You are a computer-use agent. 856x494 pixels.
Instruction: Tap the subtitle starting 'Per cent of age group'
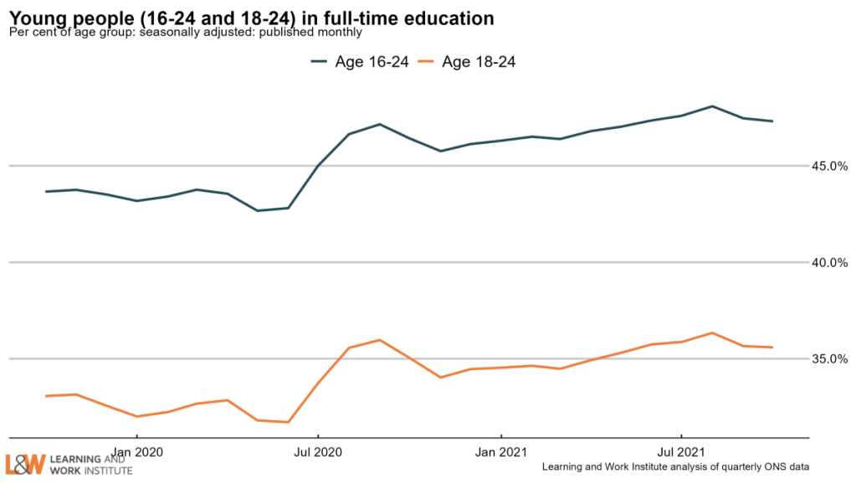[x=185, y=33]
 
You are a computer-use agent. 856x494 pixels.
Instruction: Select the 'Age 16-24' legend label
[x=372, y=61]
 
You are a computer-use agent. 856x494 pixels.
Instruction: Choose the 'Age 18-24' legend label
[x=479, y=61]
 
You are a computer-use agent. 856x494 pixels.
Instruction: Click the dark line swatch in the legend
[x=320, y=61]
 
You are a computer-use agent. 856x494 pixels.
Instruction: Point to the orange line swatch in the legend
[x=426, y=61]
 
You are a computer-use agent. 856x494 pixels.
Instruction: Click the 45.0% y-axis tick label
[x=829, y=166]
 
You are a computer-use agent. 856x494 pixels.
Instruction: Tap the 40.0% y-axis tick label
[x=829, y=262]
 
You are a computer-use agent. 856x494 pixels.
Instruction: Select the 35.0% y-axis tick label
[x=829, y=358]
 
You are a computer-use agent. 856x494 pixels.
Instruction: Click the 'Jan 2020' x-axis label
[x=136, y=452]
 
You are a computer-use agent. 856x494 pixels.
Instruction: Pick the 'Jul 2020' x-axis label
[x=318, y=452]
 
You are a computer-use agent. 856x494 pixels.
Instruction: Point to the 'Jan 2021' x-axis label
[x=500, y=452]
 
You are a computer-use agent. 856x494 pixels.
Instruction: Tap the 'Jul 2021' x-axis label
[x=681, y=452]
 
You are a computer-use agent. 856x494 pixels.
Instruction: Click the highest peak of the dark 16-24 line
[x=712, y=106]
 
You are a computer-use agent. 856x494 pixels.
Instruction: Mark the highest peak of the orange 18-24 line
[x=712, y=332]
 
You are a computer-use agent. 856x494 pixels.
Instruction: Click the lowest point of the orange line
[x=288, y=422]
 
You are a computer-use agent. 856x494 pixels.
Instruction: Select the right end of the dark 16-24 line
[x=772, y=121]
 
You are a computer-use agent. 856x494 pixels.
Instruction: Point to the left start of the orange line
[x=46, y=396]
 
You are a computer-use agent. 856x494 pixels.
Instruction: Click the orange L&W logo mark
[x=25, y=465]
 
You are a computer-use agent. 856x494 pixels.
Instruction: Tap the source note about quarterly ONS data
[x=675, y=466]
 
